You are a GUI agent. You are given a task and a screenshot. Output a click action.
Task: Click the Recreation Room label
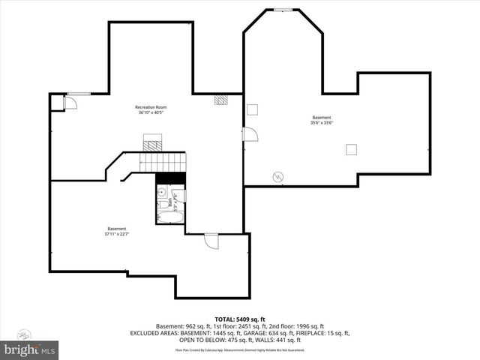[150, 107]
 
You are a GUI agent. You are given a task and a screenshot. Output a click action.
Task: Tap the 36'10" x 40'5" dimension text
[150, 113]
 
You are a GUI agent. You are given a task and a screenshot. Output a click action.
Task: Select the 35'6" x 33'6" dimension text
[321, 123]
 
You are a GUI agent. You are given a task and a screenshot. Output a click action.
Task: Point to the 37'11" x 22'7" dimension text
[116, 234]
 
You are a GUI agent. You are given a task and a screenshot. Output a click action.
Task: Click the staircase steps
[163, 161]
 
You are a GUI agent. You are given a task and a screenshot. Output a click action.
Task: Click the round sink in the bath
[162, 193]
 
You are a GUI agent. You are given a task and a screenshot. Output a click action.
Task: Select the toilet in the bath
[163, 204]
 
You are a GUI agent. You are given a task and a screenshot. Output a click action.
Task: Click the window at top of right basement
[283, 10]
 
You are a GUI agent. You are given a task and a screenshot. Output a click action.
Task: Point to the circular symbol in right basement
[277, 177]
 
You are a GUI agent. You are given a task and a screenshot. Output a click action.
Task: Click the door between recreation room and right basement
[250, 134]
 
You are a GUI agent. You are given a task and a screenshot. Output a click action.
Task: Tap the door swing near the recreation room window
[70, 102]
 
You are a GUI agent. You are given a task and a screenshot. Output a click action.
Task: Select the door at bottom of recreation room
[211, 241]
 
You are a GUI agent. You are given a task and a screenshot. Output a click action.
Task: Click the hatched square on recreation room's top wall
[220, 99]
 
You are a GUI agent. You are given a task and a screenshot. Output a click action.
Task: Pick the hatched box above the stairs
[153, 144]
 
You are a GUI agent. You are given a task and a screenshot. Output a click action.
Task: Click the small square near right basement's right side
[351, 149]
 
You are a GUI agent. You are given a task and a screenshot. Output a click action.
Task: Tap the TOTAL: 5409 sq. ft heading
[240, 319]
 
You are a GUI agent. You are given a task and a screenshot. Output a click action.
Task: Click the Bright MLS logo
[30, 349]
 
